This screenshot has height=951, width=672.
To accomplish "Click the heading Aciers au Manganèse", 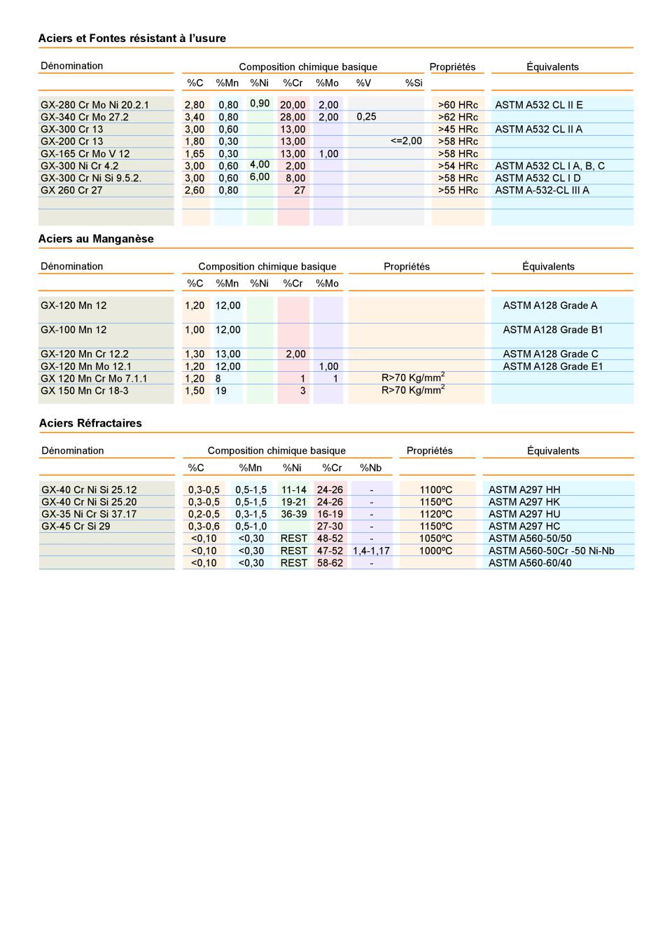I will pyautogui.click(x=96, y=239).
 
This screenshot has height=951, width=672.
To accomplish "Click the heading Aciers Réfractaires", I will pyautogui.click(x=90, y=423).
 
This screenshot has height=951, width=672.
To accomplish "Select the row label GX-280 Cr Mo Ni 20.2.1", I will pyautogui.click(x=94, y=105).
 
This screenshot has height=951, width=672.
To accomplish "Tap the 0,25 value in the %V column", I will pyautogui.click(x=366, y=117).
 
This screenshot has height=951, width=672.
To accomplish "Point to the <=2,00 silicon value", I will pyautogui.click(x=406, y=141).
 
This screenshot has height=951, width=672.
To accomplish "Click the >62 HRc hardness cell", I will pyautogui.click(x=458, y=117).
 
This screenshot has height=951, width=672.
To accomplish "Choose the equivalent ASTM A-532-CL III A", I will pyautogui.click(x=542, y=190).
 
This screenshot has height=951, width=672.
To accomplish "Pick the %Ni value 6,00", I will pyautogui.click(x=260, y=177).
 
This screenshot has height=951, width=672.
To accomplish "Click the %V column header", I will pyautogui.click(x=363, y=83).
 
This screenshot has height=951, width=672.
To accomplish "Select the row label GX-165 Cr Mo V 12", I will pyautogui.click(x=85, y=154).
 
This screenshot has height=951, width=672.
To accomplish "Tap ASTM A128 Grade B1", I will pyautogui.click(x=552, y=330).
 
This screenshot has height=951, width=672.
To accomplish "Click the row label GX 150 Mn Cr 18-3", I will pyautogui.click(x=84, y=391).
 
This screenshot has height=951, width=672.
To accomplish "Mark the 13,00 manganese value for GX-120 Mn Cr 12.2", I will pyautogui.click(x=228, y=354).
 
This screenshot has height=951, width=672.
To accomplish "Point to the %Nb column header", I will pyautogui.click(x=370, y=468).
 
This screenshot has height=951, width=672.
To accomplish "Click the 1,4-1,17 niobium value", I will pyautogui.click(x=371, y=551).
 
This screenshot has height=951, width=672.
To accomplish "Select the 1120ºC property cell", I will pyautogui.click(x=435, y=514).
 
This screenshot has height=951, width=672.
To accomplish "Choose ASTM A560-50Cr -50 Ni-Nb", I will pyautogui.click(x=551, y=551).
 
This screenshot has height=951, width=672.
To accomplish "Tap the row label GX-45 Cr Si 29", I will pyautogui.click(x=76, y=527).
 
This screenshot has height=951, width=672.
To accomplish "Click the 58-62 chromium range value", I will pyautogui.click(x=330, y=563).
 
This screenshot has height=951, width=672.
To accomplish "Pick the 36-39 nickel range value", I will pyautogui.click(x=294, y=514).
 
